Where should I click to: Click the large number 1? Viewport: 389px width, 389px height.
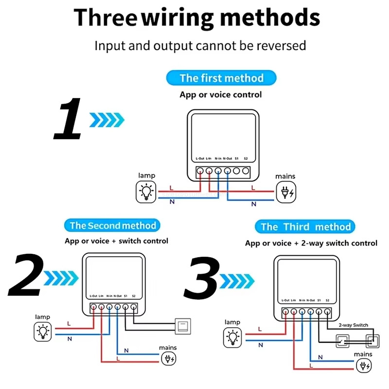click(x=68, y=119)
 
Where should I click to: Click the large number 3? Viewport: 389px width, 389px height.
click(x=202, y=278)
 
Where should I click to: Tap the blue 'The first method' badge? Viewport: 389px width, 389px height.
click(x=221, y=78)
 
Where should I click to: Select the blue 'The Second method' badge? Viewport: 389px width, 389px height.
click(x=112, y=225)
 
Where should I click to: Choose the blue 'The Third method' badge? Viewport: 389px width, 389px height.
click(x=305, y=227)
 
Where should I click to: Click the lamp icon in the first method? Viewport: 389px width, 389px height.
click(x=145, y=191)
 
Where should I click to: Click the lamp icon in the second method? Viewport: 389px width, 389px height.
click(x=43, y=332)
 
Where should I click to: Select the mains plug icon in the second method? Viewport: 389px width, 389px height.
click(x=169, y=359)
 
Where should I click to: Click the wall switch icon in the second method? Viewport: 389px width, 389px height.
click(x=184, y=324)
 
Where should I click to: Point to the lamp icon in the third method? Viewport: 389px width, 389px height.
click(x=233, y=337)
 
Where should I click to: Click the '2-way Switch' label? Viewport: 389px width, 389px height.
click(x=354, y=325)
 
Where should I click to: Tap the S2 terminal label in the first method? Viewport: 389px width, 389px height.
click(x=246, y=159)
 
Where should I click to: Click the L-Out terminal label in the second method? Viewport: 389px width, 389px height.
click(x=93, y=296)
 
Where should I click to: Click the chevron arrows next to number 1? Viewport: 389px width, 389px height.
click(x=107, y=119)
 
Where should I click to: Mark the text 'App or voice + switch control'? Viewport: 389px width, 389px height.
click(x=116, y=241)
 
